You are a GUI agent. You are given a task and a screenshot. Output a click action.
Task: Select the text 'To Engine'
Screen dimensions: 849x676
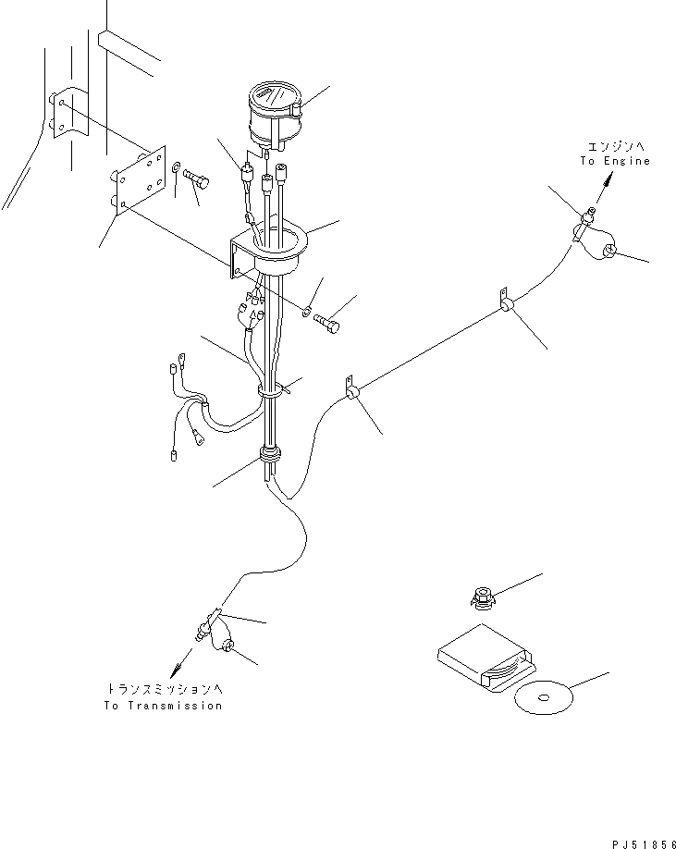615,161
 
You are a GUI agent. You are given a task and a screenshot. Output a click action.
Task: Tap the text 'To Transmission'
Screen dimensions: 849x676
163,706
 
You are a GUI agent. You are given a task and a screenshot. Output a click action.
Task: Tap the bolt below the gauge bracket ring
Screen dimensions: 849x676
326,323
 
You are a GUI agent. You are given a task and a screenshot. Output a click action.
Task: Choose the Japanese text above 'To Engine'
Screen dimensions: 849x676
615,146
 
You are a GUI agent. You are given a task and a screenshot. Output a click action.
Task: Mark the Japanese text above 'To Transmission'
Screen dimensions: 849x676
163,690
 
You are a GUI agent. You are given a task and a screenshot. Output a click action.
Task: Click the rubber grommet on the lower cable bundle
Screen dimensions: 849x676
270,454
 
